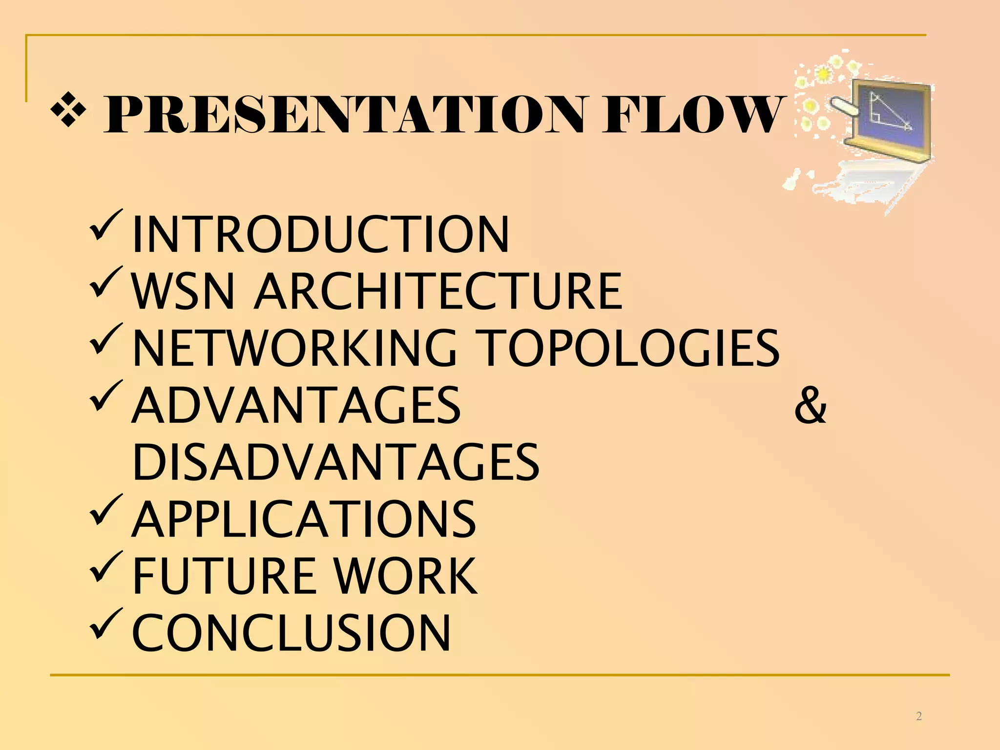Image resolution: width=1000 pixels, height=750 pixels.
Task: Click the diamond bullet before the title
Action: click(x=69, y=110)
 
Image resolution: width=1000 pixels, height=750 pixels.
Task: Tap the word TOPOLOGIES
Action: click(x=627, y=348)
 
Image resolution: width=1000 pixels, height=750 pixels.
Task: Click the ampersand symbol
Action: click(x=810, y=405)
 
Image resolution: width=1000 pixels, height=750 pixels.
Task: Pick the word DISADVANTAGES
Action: click(x=336, y=462)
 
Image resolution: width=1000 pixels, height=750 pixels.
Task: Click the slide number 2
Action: click(x=919, y=716)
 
